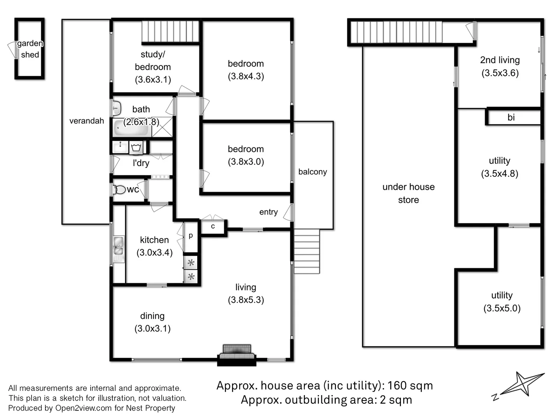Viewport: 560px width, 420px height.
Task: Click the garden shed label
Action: click(30, 49)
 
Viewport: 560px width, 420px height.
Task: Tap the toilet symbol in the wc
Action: click(119, 190)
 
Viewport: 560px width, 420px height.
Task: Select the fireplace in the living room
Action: click(237, 353)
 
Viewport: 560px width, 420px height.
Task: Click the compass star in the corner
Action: click(522, 384)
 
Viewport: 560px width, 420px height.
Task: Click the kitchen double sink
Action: click(119, 246)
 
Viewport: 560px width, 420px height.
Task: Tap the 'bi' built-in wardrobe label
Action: click(511, 117)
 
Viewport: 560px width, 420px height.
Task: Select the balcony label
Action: click(313, 172)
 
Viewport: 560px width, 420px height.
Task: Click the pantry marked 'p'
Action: click(191, 236)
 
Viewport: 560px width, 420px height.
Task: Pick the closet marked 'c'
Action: click(213, 226)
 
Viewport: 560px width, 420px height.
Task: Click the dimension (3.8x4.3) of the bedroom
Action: click(246, 76)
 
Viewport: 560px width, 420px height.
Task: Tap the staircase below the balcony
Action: click(307, 251)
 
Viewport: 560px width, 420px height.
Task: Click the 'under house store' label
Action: click(408, 193)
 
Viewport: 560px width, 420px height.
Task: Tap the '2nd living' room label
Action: click(500, 60)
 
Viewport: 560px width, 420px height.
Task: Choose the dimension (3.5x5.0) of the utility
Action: click(502, 308)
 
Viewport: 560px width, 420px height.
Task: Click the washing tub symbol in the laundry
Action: click(136, 147)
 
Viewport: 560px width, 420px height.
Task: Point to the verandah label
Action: click(87, 121)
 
